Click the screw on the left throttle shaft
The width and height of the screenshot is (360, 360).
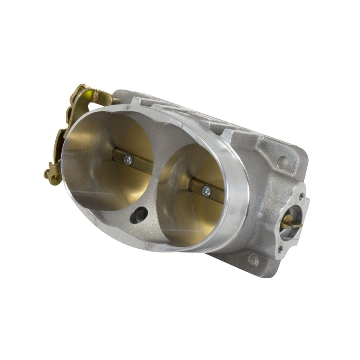127,160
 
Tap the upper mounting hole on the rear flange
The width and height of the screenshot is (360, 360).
283,161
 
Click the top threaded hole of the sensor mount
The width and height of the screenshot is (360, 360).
301,197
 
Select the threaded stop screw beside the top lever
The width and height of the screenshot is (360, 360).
116,102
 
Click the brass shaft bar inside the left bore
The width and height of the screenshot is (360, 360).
135,162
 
